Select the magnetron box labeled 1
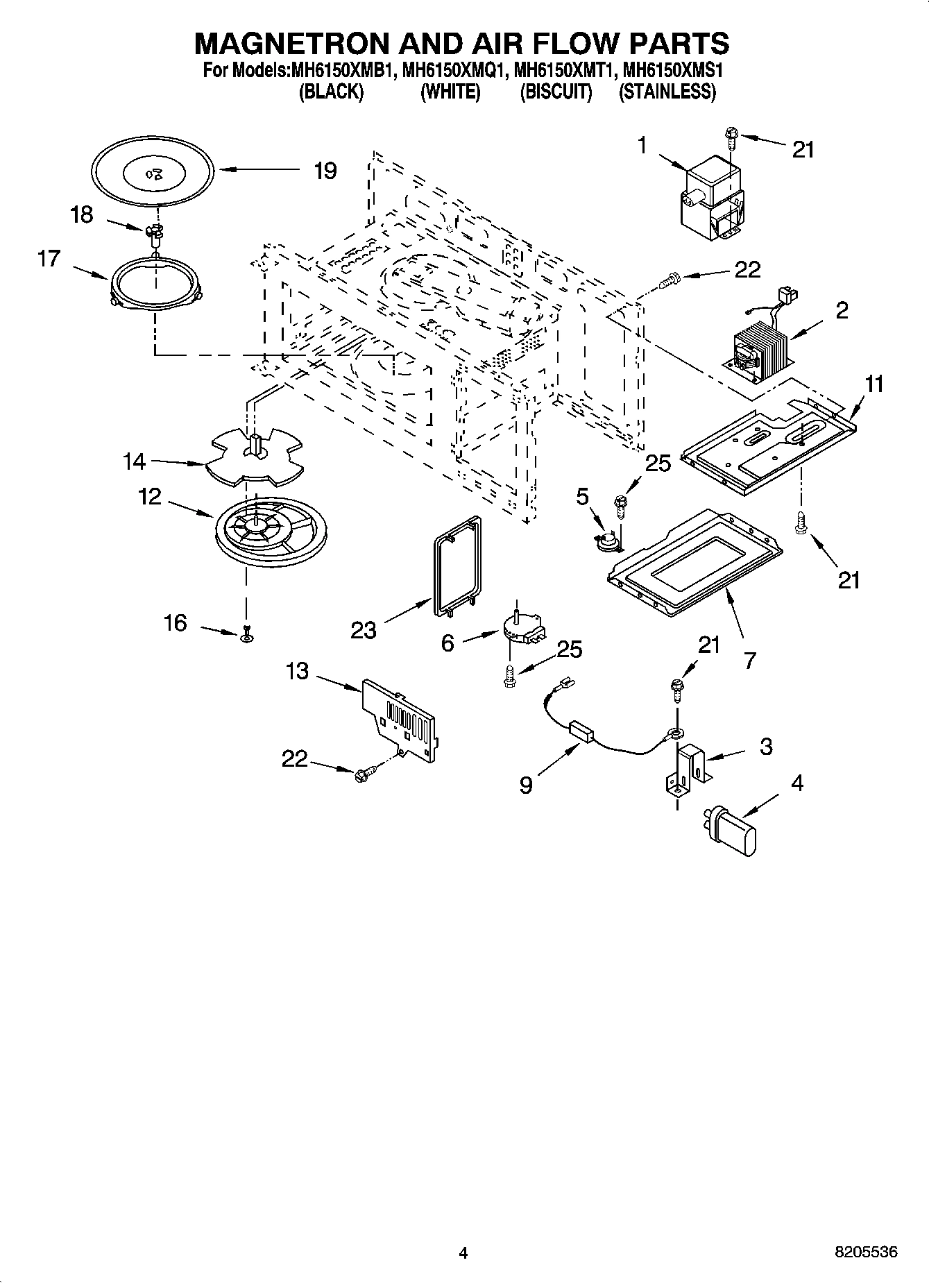[x=712, y=198]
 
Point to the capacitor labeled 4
[x=732, y=829]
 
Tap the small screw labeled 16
[x=246, y=633]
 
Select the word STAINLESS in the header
[x=667, y=92]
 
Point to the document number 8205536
[x=866, y=1252]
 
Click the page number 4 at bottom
[x=463, y=1252]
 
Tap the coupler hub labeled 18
[x=155, y=232]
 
